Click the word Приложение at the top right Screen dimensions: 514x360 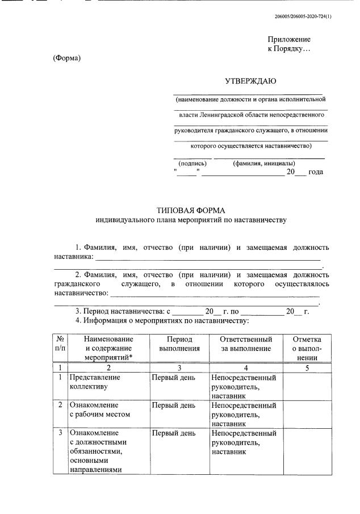click(289, 39)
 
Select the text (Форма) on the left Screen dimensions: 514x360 click(67, 58)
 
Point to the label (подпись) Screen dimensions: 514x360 click(192, 163)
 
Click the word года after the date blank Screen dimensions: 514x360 click(315, 172)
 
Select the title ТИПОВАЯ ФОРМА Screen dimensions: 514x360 click(191, 210)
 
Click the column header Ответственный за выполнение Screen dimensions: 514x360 click(245, 344)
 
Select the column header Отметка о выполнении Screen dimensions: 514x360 click(307, 348)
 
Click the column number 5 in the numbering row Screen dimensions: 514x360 click(307, 367)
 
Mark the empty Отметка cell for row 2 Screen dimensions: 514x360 click(307, 413)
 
